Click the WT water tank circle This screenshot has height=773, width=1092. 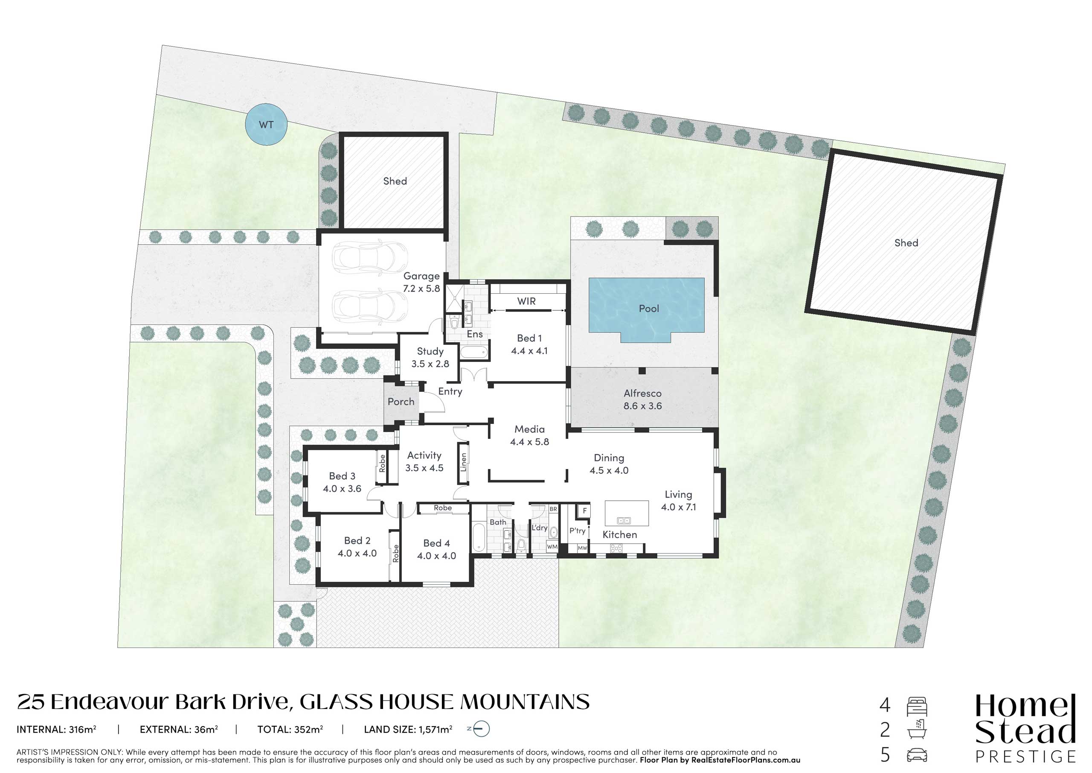266,124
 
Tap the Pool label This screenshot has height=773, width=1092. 649,309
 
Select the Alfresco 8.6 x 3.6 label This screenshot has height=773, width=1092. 642,400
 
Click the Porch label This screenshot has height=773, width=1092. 401,401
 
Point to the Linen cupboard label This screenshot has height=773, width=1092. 463,462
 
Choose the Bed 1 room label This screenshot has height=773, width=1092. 529,344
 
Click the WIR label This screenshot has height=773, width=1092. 526,301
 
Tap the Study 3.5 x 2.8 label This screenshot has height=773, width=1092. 430,357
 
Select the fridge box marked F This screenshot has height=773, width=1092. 584,511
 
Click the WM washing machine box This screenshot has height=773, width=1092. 552,547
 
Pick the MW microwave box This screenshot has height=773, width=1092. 582,548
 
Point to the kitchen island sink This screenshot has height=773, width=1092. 623,521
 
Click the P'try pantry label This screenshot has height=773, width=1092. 578,530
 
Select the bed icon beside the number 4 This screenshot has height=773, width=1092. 917,707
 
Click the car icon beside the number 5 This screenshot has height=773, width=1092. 917,755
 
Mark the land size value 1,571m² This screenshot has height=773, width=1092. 436,729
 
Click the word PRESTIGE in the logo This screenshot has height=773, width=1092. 1025,756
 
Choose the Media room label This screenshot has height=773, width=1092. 529,435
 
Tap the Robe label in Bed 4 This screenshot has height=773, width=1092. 442,508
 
